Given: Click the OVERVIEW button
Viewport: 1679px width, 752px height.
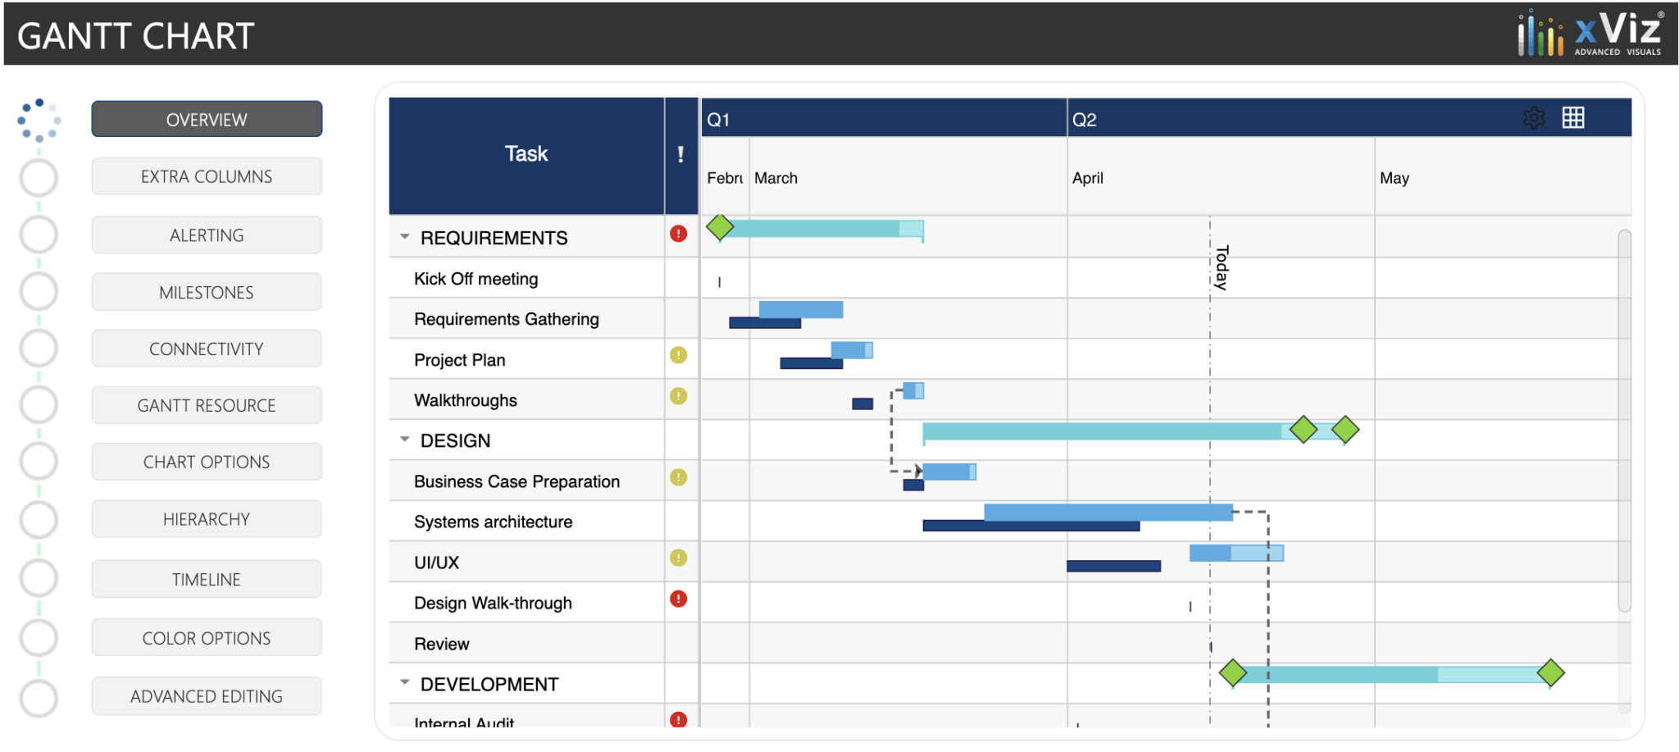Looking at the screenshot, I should tap(207, 120).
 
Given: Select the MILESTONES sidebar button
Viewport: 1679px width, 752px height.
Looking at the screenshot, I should tap(207, 293).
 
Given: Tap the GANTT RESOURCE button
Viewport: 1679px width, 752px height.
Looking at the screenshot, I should tap(207, 406).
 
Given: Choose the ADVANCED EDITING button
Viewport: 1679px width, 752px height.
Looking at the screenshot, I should tap(207, 696).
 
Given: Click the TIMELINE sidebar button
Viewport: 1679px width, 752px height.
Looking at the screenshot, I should tap(207, 580).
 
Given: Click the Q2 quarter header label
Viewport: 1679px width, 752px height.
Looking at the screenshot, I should tap(1084, 120).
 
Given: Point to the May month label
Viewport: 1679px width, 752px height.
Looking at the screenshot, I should tap(1394, 178).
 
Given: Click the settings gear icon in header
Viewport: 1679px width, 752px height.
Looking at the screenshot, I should tap(1534, 118).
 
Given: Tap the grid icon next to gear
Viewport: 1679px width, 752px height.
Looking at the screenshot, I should tap(1573, 118).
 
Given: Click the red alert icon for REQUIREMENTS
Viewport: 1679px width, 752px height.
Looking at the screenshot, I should tap(678, 234).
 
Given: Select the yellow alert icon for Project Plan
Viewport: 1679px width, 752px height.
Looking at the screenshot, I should tap(678, 355).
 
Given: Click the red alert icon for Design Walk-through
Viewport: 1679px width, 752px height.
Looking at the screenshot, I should tap(678, 599).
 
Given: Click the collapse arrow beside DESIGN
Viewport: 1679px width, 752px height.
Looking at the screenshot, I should tap(405, 440).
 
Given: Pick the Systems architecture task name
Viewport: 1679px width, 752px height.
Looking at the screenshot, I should tap(493, 522).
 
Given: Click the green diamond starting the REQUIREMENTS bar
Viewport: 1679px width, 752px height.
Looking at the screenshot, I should tap(720, 226).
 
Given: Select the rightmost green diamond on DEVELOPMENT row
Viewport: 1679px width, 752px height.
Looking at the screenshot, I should tap(1550, 673).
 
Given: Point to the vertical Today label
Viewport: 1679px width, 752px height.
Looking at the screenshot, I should tap(1222, 267).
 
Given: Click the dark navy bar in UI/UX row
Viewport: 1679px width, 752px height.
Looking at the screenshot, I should tap(1113, 566).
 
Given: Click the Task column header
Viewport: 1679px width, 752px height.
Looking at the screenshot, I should tap(526, 154).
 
